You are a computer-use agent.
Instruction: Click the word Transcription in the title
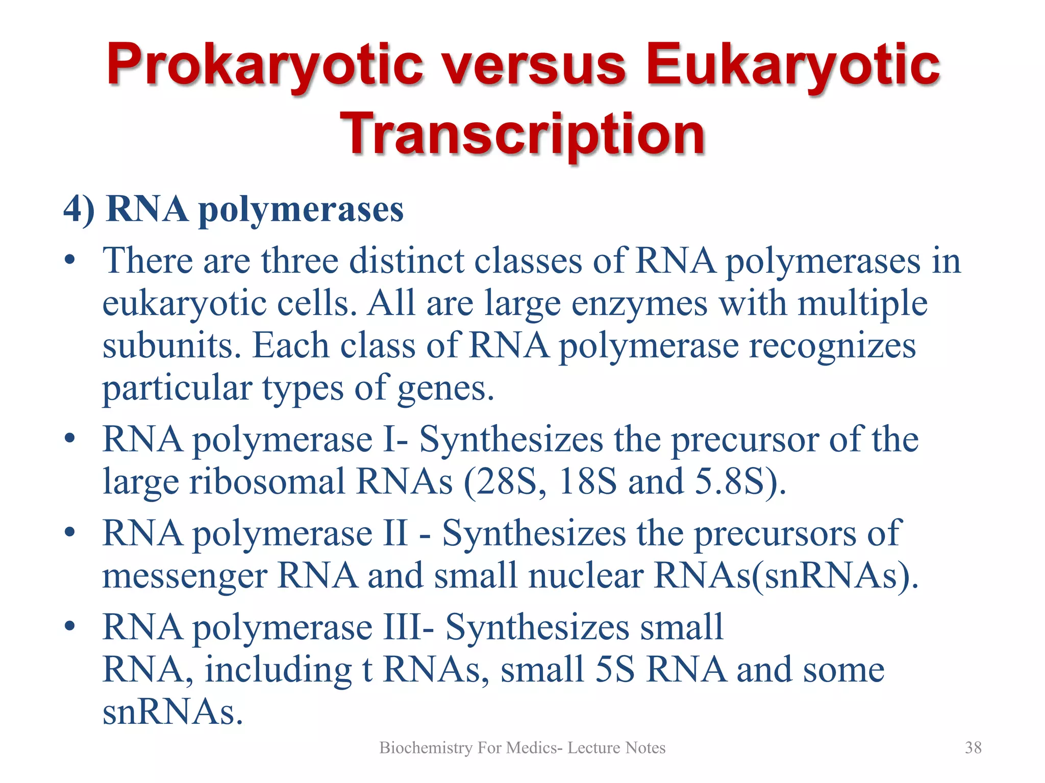pos(522,134)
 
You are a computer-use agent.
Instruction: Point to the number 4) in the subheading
pos(79,209)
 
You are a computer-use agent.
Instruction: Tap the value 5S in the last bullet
pos(615,669)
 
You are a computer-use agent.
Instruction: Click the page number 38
pos(973,747)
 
